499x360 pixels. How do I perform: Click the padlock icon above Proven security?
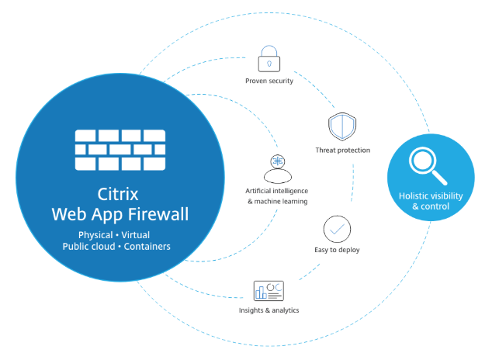tap(268, 59)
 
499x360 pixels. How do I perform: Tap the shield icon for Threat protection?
tap(341, 126)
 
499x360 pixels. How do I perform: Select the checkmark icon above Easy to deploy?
tap(337, 229)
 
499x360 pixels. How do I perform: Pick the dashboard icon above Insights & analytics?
tap(268, 291)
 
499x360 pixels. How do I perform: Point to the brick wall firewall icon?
tap(120, 151)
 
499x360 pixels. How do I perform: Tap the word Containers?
tap(147, 247)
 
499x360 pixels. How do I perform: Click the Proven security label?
tap(269, 81)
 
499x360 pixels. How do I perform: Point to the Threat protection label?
tap(342, 150)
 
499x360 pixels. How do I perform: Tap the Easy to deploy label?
tap(337, 250)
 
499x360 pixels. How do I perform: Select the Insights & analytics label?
tap(269, 310)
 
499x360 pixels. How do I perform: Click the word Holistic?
tap(414, 196)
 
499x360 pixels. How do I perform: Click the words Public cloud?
tap(87, 247)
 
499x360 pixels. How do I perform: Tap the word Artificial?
tap(263, 190)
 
